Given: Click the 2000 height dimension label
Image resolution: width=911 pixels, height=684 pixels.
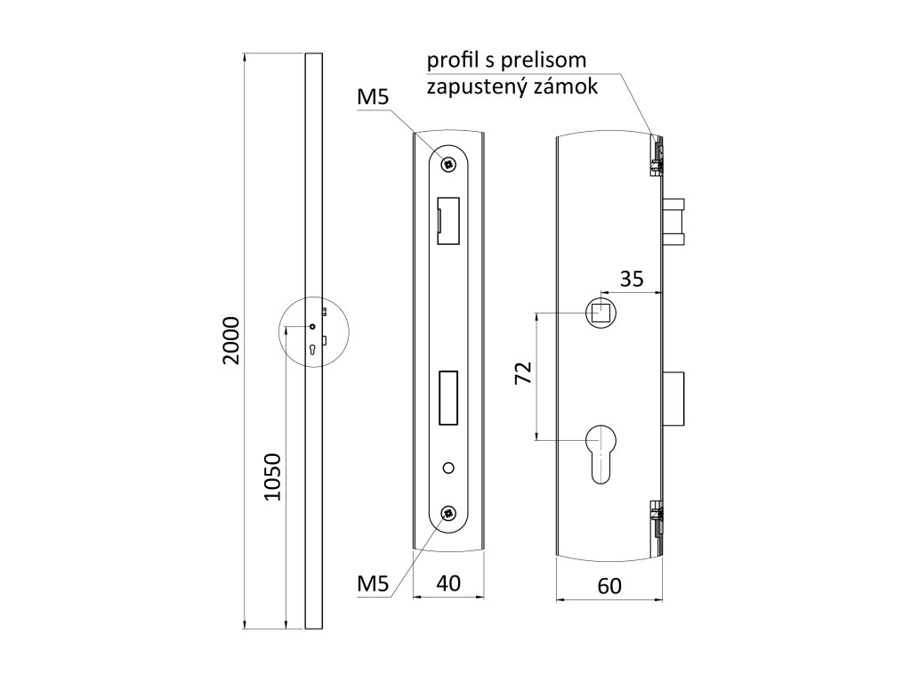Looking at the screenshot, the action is pos(230,340).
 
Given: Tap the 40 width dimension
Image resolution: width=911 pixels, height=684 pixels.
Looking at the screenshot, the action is pos(449,584).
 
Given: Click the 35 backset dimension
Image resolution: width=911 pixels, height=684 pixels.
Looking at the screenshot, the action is pos(632,278).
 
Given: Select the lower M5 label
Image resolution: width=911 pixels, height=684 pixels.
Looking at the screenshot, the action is pos(373,584).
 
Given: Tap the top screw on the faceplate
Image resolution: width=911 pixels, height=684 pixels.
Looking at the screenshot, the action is pos(449,163).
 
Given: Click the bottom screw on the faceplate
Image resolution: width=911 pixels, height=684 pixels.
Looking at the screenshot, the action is pos(449,514).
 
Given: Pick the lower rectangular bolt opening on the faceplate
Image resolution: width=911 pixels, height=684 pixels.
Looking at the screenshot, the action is pos(448,397).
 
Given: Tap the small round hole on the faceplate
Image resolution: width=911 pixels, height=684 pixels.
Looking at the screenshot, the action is pos(449,467).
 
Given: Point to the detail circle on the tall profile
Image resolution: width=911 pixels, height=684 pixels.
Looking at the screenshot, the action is pos(314,330).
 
